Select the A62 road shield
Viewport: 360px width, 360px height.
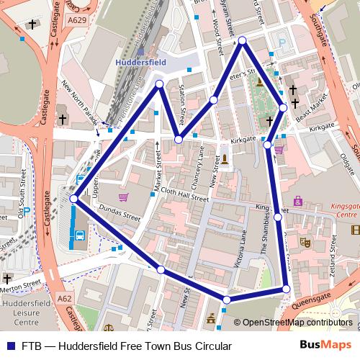[63, 297]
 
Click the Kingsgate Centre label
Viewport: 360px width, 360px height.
[337, 210]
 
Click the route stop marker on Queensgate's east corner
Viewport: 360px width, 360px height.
[286, 289]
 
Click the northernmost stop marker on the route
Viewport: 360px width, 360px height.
[243, 41]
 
